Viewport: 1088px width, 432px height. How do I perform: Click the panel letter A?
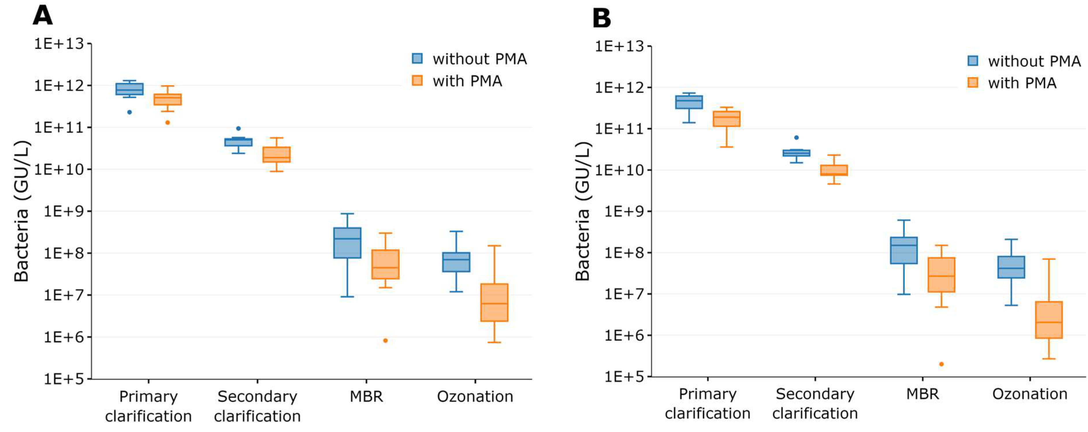[43, 16]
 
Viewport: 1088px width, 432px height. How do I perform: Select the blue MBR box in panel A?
[347, 243]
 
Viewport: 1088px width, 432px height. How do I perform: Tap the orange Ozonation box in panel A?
[494, 302]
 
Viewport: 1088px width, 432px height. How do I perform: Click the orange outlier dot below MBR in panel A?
[385, 340]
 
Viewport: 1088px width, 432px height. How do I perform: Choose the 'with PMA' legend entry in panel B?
[1012, 83]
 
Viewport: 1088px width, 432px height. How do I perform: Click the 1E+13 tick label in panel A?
[59, 44]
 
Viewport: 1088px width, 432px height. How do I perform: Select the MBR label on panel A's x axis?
[366, 396]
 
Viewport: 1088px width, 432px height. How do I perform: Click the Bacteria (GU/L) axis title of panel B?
[583, 211]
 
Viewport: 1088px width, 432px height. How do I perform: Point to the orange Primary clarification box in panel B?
[726, 119]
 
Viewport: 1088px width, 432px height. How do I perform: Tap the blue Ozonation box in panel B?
[1011, 267]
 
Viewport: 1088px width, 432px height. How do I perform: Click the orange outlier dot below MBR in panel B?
[941, 364]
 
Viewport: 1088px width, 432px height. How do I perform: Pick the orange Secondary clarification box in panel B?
[834, 170]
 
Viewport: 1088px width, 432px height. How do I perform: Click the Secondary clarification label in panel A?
[257, 406]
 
